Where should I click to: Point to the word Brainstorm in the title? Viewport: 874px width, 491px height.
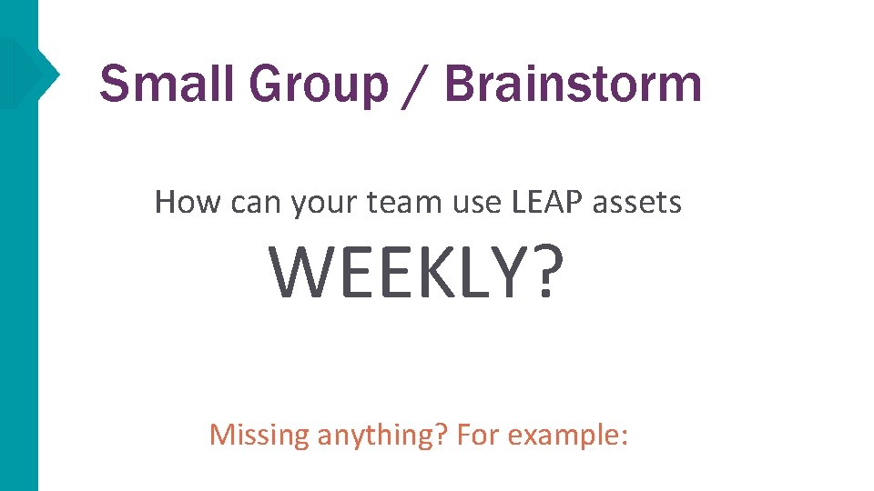pos(574,85)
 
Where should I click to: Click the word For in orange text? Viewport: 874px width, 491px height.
pos(479,435)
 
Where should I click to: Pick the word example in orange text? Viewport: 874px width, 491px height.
pos(568,435)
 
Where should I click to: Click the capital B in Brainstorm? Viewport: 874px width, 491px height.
pos(462,85)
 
